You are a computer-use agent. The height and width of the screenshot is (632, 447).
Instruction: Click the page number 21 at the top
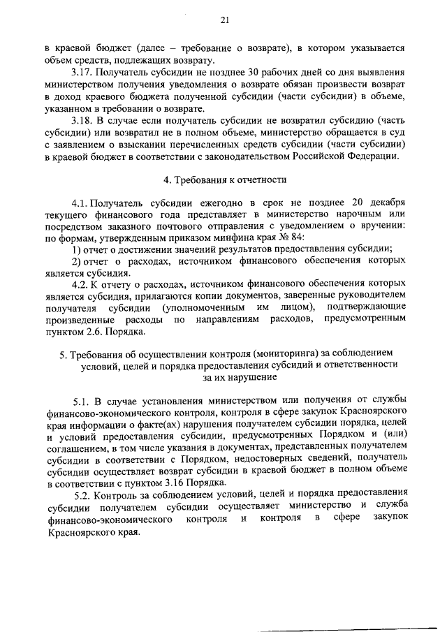click(224, 20)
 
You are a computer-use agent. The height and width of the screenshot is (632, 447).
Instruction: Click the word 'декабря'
click(386, 201)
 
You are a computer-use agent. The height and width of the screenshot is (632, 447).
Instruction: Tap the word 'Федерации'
click(377, 156)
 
